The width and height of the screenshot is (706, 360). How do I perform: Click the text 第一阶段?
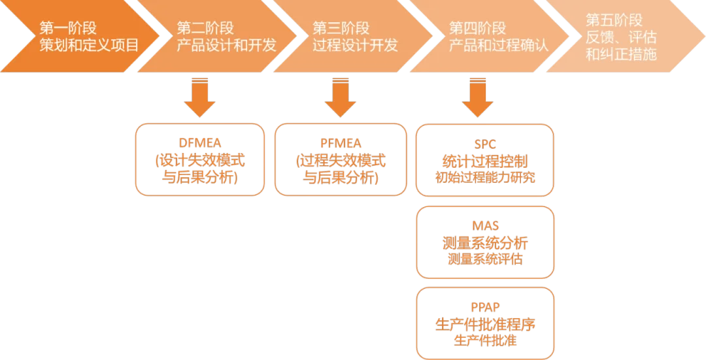[68, 29]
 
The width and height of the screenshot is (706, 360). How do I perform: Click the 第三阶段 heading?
[341, 29]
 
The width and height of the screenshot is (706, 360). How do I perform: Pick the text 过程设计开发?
[355, 46]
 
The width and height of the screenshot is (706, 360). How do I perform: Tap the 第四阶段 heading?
[478, 29]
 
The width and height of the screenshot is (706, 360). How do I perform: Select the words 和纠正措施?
[621, 55]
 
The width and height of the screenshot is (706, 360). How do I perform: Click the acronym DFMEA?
[200, 143]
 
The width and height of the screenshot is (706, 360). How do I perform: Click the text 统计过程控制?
[484, 160]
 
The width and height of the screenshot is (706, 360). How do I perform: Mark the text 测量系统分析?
[484, 243]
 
